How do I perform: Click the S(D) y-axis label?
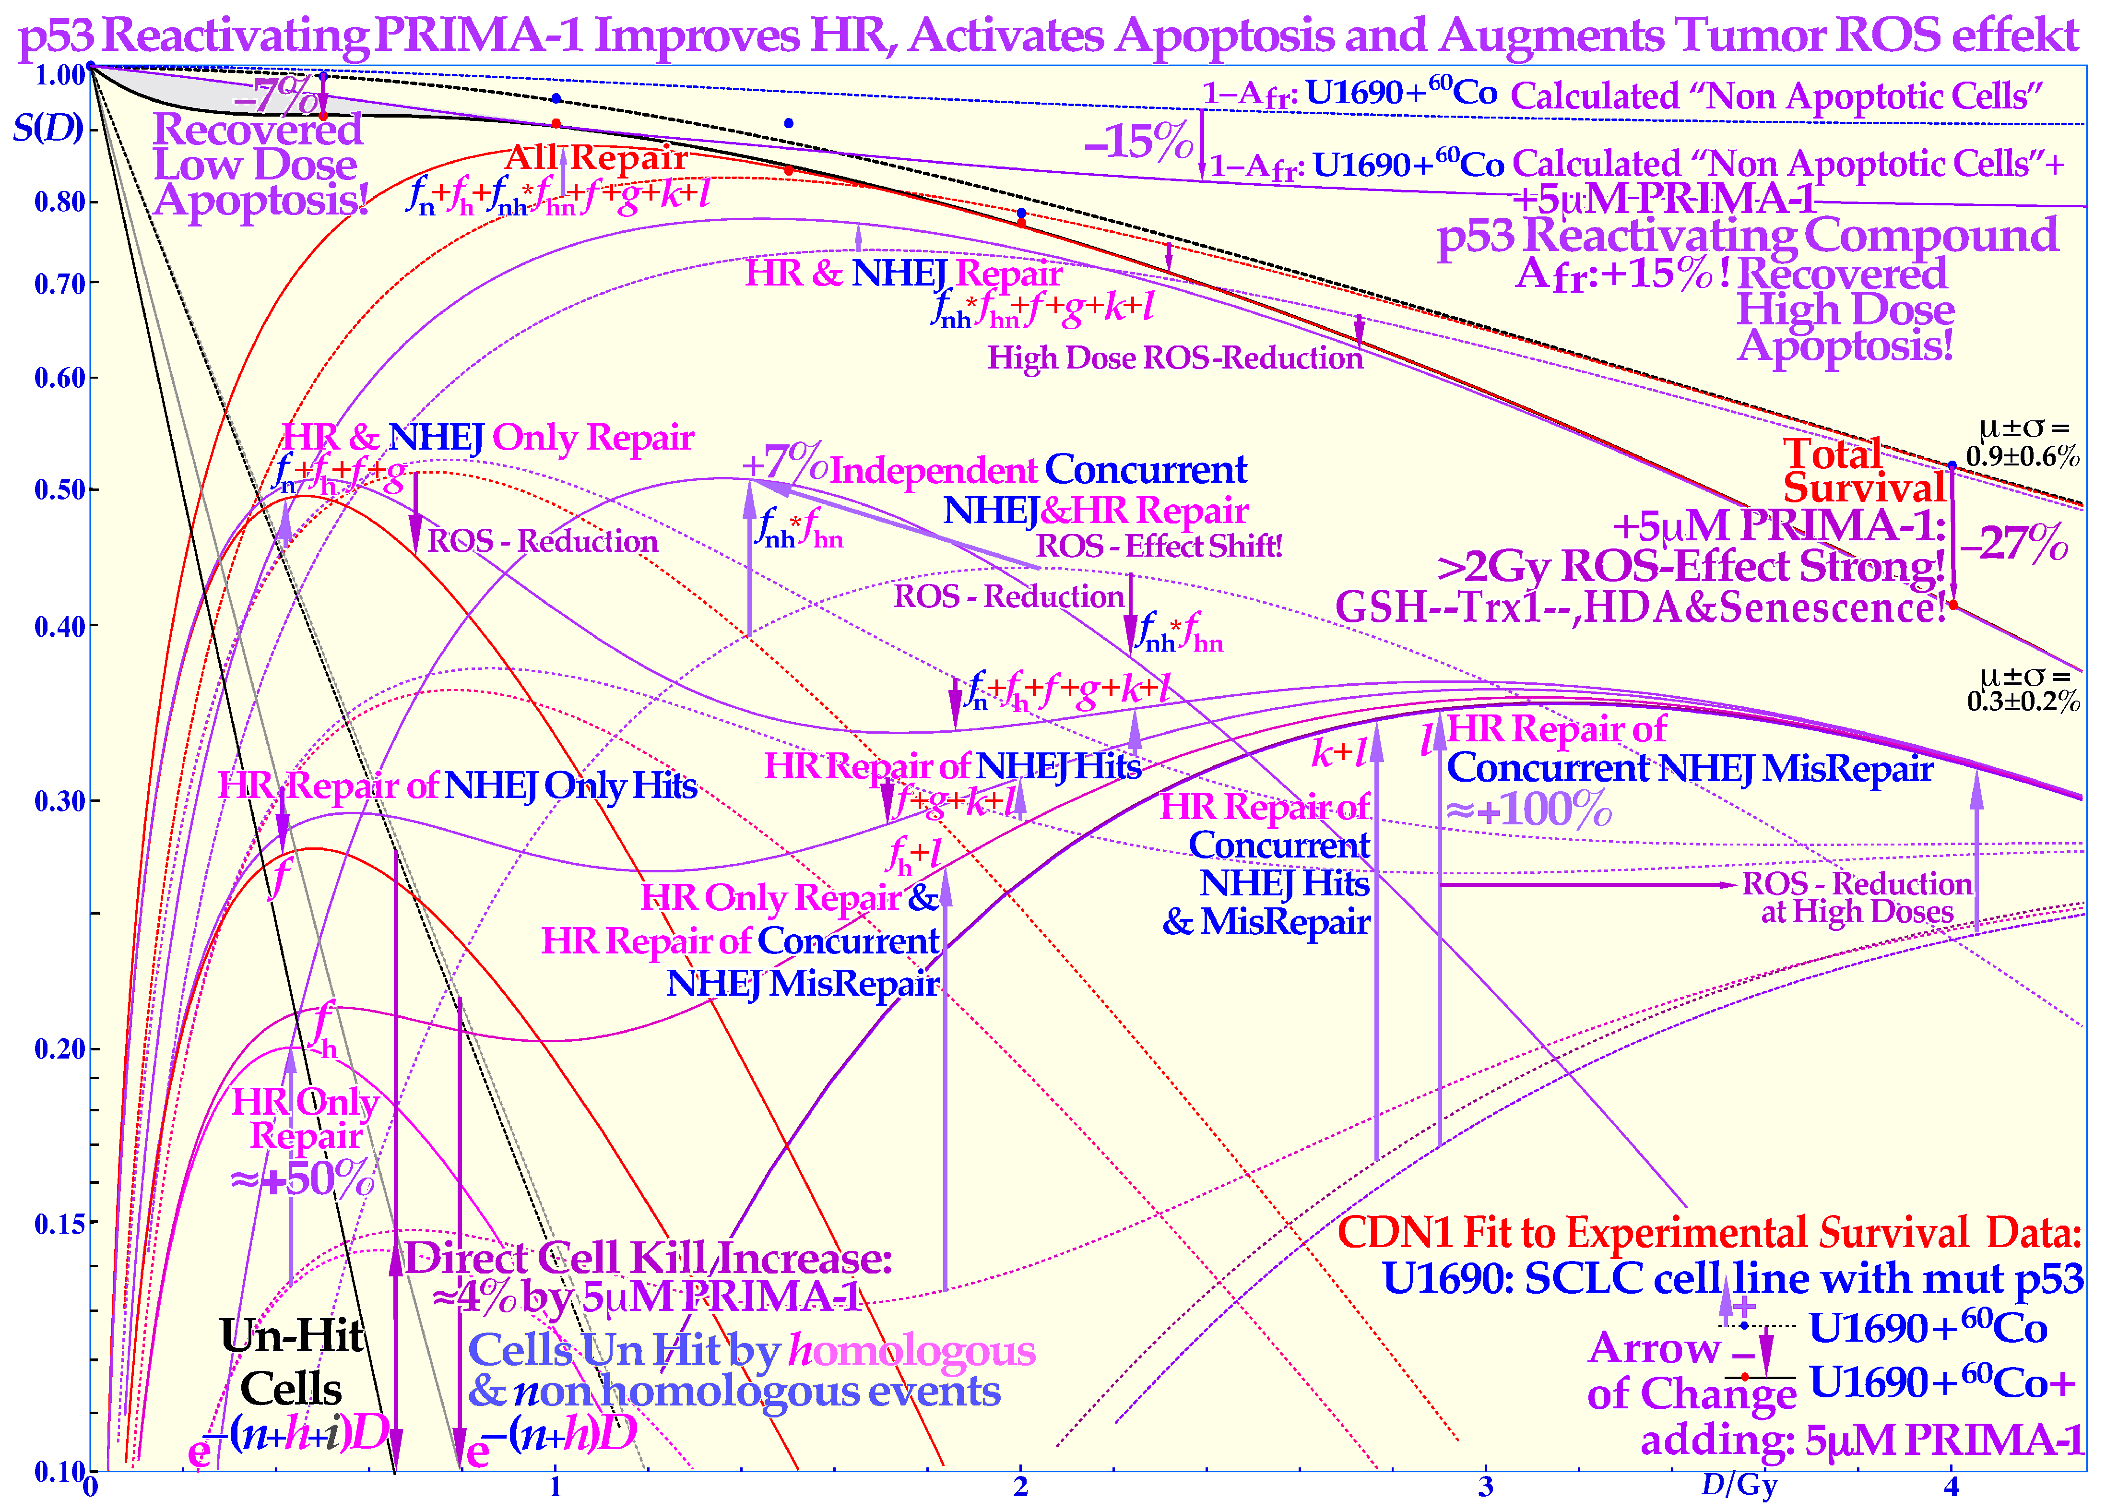(48, 127)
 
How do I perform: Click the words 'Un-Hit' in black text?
(293, 1335)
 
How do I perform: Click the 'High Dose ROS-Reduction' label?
(1175, 357)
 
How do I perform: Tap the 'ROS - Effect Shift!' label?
(1159, 546)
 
